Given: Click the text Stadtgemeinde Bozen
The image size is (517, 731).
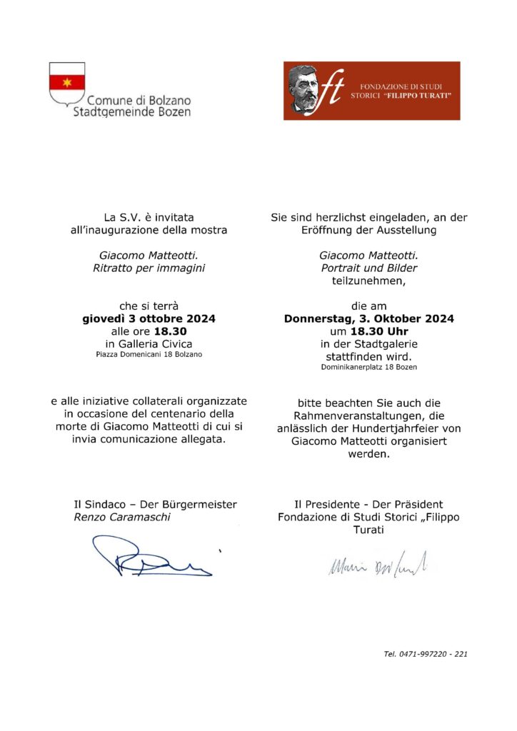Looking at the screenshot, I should tap(132, 112).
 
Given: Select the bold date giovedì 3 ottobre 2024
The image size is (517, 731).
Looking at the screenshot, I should tap(149, 318).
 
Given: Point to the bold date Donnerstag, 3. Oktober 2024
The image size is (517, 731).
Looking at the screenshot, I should tap(368, 318).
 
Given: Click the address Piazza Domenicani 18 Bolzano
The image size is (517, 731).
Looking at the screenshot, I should tap(149, 354).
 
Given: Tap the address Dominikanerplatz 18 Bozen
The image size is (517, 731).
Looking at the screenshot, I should tap(368, 367).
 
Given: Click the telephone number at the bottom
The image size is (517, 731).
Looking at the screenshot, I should tap(426, 653).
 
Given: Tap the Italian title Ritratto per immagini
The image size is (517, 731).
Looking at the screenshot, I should tap(149, 268).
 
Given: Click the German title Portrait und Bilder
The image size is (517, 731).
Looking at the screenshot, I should tap(368, 268).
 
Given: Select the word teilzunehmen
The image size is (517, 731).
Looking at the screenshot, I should tap(368, 281).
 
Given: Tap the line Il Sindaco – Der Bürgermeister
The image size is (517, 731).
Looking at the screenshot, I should tap(156, 505).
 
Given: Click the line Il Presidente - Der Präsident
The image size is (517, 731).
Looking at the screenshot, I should tap(368, 505).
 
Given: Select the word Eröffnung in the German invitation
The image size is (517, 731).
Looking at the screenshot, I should tap(328, 230).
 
